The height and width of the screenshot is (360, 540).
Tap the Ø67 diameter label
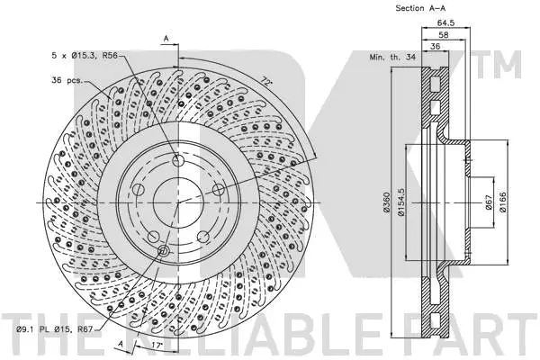coord(488,203)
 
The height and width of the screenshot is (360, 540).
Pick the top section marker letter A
coord(166,36)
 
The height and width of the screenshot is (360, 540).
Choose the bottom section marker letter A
coord(117,344)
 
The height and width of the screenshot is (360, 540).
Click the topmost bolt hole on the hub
coord(178,162)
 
